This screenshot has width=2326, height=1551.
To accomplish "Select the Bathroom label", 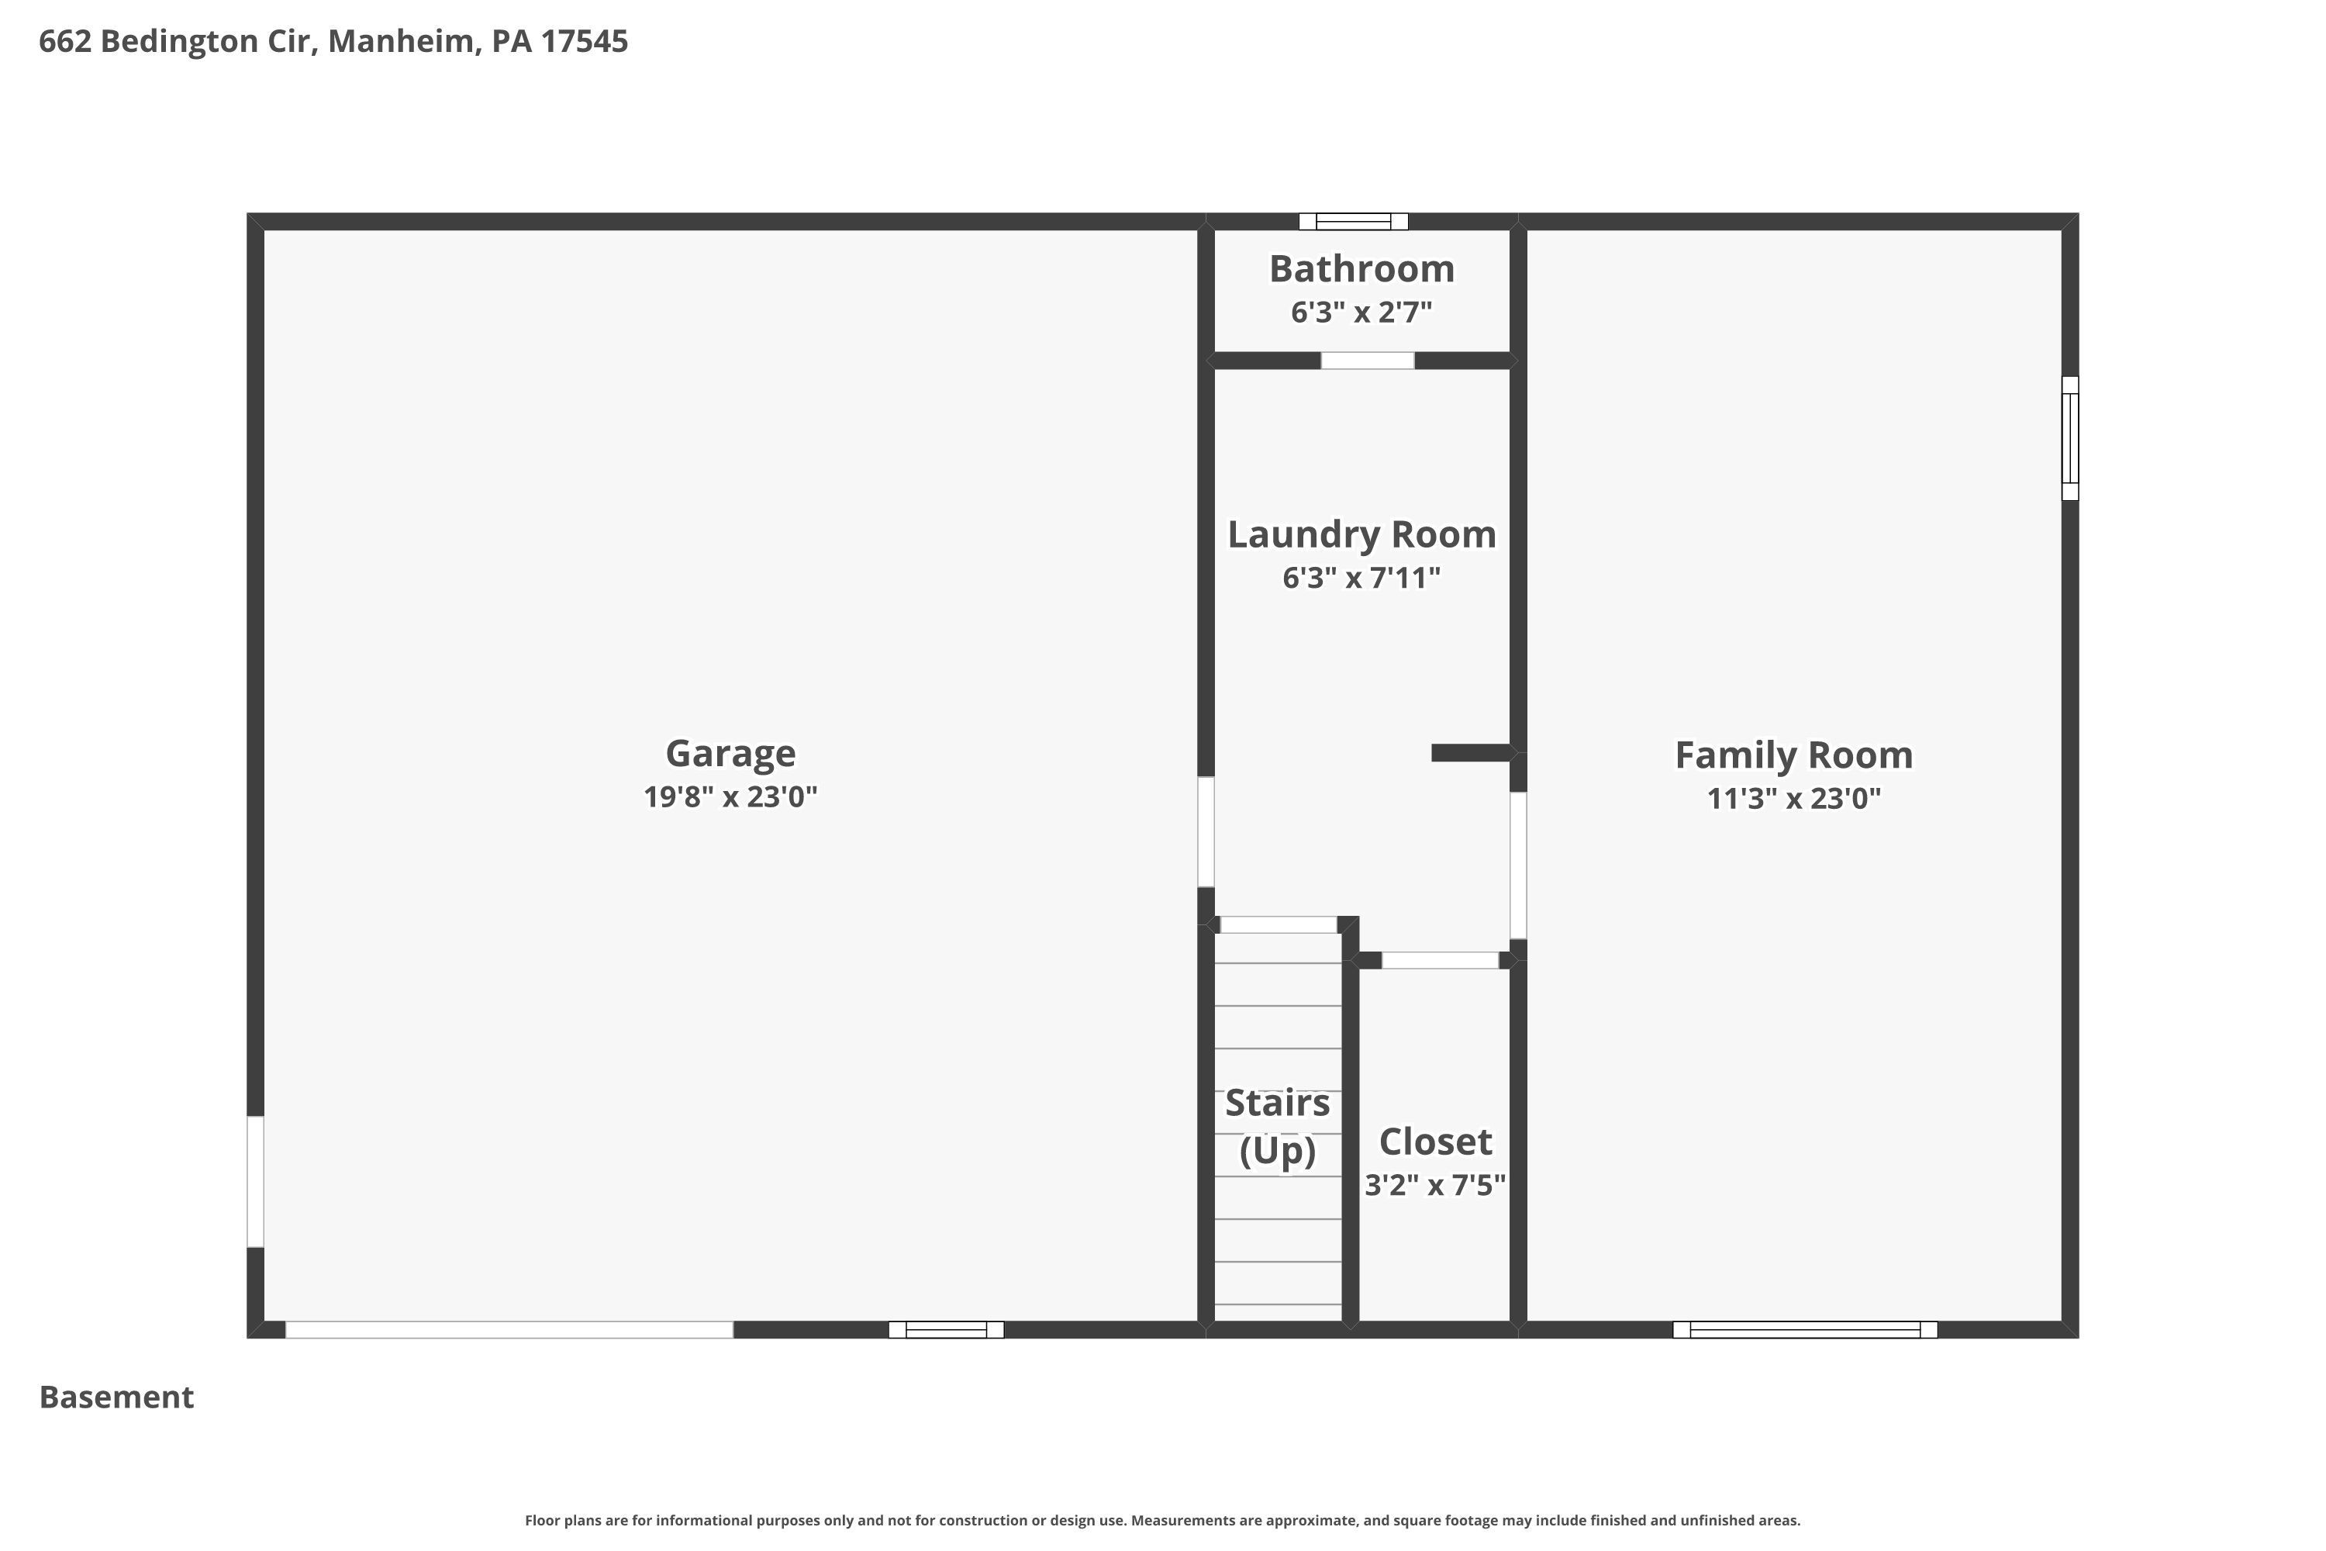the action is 1361,269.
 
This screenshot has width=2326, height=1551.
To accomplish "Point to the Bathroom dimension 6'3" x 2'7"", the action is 1361,313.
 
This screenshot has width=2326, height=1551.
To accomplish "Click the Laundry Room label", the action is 1361,535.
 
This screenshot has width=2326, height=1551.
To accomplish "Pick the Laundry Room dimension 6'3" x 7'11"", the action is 1361,578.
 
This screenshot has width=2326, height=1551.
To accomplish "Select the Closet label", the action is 1435,1142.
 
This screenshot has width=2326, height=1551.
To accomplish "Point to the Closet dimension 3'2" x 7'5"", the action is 1435,1185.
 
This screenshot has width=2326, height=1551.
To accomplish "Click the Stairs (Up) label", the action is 1278,1127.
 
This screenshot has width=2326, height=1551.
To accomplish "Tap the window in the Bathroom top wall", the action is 1353,222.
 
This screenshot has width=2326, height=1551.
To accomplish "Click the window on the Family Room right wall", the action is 2070,438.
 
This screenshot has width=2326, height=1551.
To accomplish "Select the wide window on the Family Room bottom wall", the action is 1805,1329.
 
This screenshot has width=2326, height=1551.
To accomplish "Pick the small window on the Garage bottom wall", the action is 947,1329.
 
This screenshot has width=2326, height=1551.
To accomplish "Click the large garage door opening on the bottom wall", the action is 509,1329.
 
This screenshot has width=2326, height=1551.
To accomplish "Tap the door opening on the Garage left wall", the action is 255,1181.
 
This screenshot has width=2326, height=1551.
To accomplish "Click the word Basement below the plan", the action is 117,1397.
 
